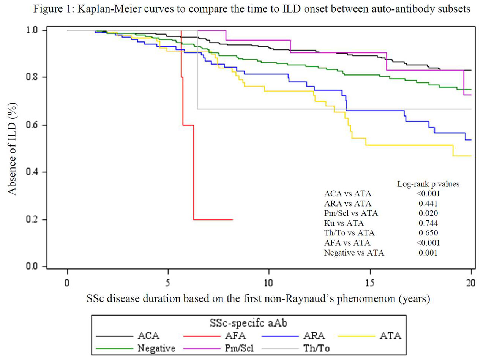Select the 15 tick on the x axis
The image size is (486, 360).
pyautogui.click(x=369, y=283)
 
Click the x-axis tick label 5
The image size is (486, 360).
pyautogui.click(x=168, y=283)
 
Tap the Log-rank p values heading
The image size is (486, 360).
pyautogui.click(x=428, y=184)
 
